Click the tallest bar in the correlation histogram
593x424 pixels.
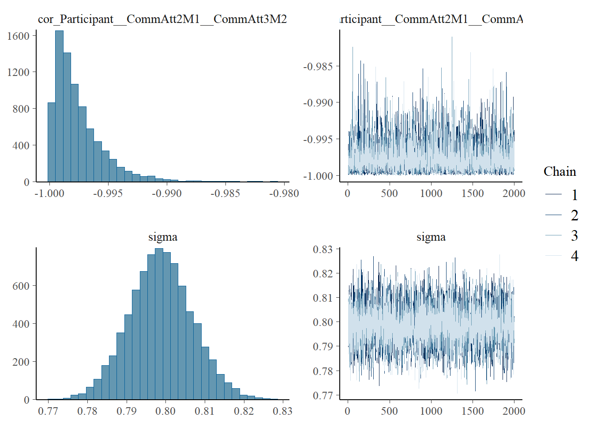coord(59,106)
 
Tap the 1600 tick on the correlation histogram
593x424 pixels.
coord(18,36)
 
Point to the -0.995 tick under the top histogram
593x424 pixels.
coord(108,193)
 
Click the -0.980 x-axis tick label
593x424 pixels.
coord(284,193)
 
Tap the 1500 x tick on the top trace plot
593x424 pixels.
coord(473,193)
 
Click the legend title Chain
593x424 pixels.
coord(559,171)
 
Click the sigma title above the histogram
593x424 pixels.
coord(163,237)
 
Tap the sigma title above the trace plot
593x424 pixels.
coord(431,237)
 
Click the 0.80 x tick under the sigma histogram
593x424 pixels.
coord(165,411)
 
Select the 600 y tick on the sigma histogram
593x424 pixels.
coord(21,286)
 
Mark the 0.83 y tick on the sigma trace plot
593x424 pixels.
coord(323,250)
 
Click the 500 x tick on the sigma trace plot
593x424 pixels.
coord(389,411)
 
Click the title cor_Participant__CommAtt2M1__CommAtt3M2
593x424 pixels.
coord(162,19)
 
